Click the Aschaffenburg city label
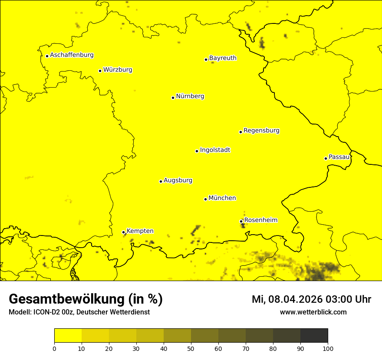[x=72, y=55]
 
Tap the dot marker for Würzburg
[x=100, y=71]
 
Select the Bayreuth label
[x=223, y=58]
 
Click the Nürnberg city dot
[x=173, y=98]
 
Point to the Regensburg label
[x=261, y=130]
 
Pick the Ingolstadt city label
[x=215, y=150]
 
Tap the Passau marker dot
[x=326, y=158]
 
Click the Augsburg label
[x=178, y=180]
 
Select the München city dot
[x=205, y=199]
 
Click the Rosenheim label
[x=260, y=220]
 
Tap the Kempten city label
[x=140, y=231]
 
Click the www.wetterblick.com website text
[x=313, y=312]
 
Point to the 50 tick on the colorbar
[x=191, y=348]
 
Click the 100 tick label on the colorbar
[x=328, y=348]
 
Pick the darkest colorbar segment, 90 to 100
[x=314, y=335]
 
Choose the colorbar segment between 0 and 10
[x=68, y=335]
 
